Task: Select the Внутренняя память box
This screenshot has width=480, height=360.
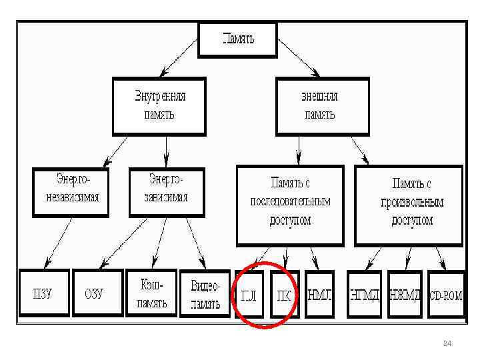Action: (x=159, y=105)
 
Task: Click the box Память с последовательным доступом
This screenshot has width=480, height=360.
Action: (x=290, y=205)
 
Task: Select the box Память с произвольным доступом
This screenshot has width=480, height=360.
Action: (x=409, y=205)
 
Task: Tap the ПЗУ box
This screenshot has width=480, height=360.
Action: (x=44, y=293)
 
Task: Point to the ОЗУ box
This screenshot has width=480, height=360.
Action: (x=97, y=293)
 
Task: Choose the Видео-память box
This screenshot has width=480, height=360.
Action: (x=205, y=293)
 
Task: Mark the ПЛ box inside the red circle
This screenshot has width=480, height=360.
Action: (x=249, y=294)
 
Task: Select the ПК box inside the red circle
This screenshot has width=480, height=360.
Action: (x=284, y=294)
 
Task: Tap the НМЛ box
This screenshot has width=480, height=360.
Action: (x=320, y=294)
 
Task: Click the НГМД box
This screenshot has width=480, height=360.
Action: (x=365, y=294)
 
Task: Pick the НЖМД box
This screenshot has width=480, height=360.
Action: (x=405, y=294)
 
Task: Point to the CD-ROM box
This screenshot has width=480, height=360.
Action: (x=445, y=294)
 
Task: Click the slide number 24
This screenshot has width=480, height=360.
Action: (x=447, y=343)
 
